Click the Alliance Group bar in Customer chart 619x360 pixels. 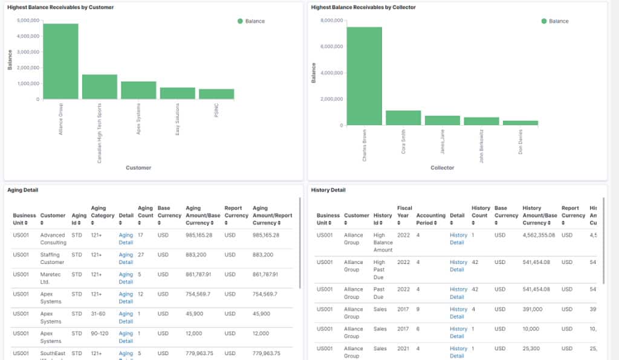(x=60, y=62)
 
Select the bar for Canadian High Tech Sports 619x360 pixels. (x=99, y=87)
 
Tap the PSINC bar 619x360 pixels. (x=216, y=94)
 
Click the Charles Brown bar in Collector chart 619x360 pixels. (x=364, y=76)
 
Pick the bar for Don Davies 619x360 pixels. (x=520, y=123)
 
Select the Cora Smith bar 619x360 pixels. (x=403, y=118)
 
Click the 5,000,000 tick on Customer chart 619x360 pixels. (x=28, y=20)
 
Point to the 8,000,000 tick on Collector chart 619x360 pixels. (x=332, y=20)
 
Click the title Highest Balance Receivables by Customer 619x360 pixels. (x=60, y=7)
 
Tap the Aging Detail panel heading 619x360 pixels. (x=24, y=190)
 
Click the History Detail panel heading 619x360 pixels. (x=328, y=190)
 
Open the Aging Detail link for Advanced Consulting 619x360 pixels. (x=126, y=239)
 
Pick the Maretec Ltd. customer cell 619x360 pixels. (x=52, y=278)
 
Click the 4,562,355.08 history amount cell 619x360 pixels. (x=539, y=235)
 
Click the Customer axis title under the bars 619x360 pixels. (x=138, y=167)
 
